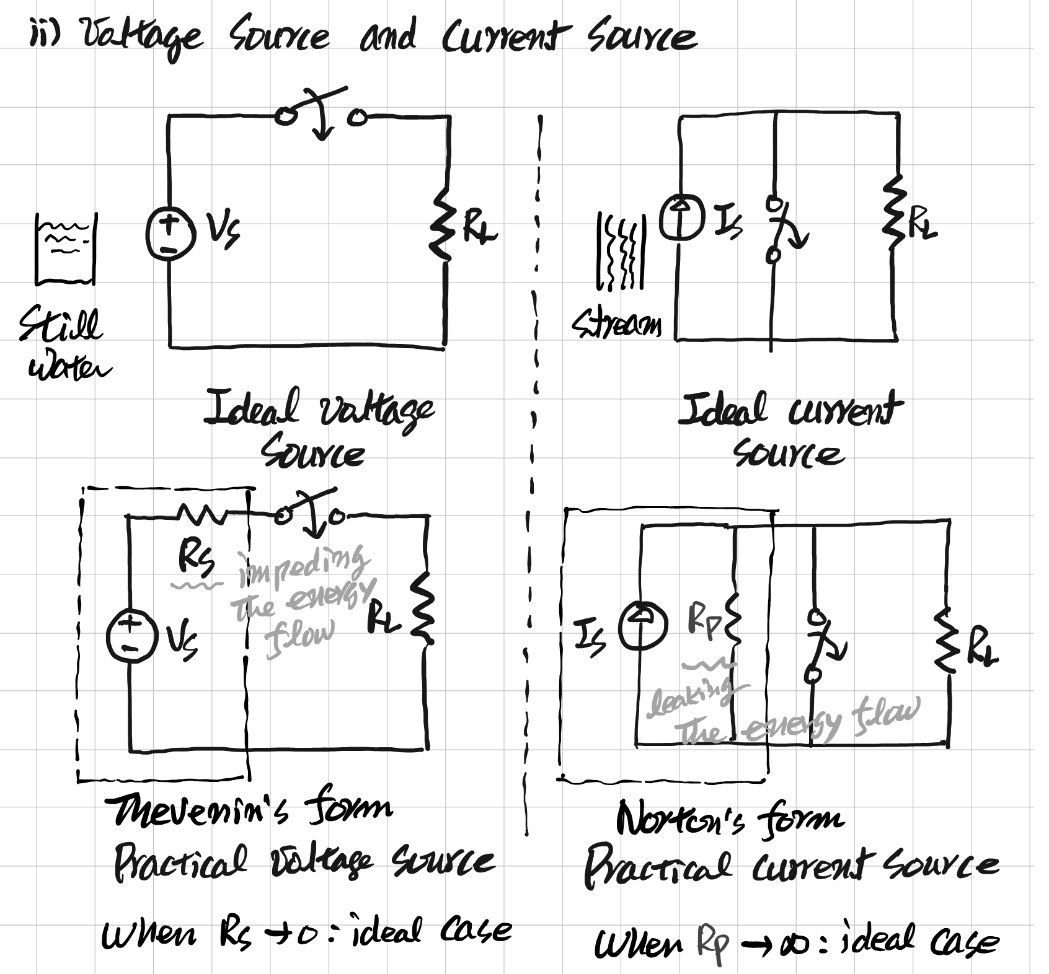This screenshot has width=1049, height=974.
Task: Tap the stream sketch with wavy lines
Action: click(621, 252)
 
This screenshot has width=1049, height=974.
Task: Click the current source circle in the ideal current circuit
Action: click(681, 217)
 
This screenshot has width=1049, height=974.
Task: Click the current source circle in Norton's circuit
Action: click(643, 627)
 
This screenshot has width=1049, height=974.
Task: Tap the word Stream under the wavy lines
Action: click(617, 323)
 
